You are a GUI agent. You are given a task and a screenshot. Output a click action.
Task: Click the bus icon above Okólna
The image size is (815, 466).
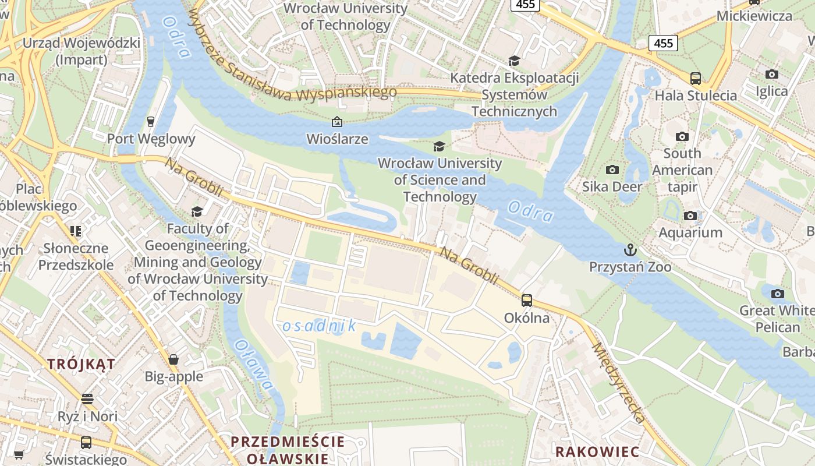point(527,301)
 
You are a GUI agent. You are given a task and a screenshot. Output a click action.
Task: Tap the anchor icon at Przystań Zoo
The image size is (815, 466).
point(630,250)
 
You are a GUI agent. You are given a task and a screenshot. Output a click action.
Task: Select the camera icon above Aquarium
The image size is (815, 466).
point(690,216)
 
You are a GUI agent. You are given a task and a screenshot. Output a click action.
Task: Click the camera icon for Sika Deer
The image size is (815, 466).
point(612,170)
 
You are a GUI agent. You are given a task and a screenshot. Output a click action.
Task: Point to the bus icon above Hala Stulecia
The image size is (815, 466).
point(695,79)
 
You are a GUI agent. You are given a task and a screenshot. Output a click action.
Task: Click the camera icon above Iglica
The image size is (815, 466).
point(772,75)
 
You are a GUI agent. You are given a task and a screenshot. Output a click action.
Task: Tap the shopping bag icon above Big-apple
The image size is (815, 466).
point(173,359)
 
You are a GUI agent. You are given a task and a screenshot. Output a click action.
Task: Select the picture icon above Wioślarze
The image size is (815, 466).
point(336,122)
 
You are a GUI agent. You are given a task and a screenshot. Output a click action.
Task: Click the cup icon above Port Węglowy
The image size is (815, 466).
point(151,121)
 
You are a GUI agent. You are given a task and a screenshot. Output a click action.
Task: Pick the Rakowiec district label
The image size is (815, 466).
point(597,451)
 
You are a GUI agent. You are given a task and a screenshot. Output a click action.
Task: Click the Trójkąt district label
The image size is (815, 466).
point(81,365)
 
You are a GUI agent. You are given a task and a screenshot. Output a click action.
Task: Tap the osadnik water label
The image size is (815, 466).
point(319,326)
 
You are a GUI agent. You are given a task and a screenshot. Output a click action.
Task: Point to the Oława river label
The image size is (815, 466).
point(254,364)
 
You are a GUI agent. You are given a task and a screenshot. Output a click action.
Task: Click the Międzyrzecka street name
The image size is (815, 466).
point(619,382)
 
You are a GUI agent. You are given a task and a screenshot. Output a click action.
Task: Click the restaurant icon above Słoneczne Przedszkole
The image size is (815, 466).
point(76,231)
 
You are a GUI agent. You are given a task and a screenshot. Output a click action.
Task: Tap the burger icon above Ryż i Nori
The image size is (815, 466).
point(87,399)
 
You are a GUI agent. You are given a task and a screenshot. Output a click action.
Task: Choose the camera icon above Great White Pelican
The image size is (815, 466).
point(777,294)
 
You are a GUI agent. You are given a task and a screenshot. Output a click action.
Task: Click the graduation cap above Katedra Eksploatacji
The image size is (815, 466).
point(514,61)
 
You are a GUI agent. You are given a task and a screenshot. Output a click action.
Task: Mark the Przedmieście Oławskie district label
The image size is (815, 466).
point(288,450)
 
